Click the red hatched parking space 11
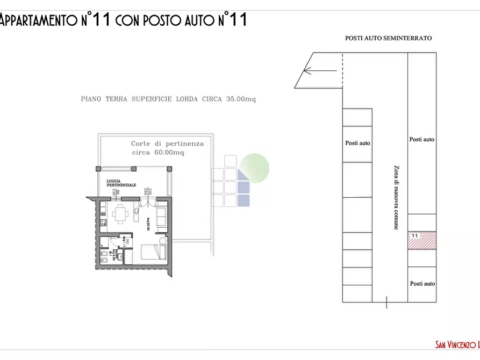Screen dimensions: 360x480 pyautogui.click(x=422, y=241)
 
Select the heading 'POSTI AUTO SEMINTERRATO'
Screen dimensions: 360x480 pyautogui.click(x=388, y=38)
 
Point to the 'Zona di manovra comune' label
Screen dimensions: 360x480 pyautogui.click(x=396, y=197)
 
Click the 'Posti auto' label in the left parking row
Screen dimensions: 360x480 pyautogui.click(x=357, y=143)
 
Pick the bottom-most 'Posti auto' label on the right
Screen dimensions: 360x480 pyautogui.click(x=422, y=284)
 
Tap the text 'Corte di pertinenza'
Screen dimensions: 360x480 pyautogui.click(x=167, y=144)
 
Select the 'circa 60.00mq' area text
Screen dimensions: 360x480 pyautogui.click(x=158, y=153)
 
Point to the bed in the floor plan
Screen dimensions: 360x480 pyautogui.click(x=154, y=251)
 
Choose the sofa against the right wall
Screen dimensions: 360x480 pyautogui.click(x=161, y=216)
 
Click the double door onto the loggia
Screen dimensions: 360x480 pyautogui.click(x=147, y=203)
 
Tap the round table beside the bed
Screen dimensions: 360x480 pyautogui.click(x=162, y=240)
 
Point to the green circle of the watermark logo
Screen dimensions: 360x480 pyautogui.click(x=254, y=167)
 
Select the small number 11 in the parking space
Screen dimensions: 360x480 pyautogui.click(x=414, y=236)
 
